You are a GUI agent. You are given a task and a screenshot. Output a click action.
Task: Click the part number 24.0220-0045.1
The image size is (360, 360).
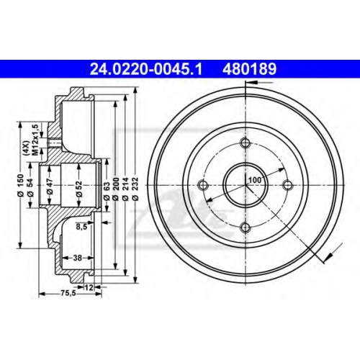(146, 69)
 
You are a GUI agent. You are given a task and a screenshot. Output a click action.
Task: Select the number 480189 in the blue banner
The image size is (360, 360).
(250, 69)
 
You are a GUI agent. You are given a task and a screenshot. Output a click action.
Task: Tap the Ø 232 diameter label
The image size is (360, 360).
(136, 189)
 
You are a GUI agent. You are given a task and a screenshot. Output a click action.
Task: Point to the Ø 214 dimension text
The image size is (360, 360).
(125, 189)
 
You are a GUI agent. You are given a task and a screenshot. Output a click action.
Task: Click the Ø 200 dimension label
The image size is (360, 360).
(116, 189)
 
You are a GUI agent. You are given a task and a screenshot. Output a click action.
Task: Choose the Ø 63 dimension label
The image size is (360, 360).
(107, 191)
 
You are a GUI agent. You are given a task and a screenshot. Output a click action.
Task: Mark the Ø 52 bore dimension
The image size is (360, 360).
(79, 189)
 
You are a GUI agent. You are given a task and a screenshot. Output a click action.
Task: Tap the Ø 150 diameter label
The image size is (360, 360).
(21, 186)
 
